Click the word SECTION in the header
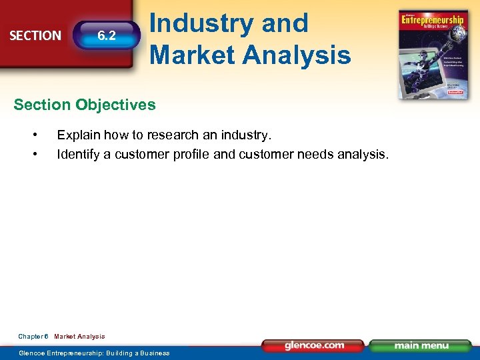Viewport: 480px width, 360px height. click(35, 35)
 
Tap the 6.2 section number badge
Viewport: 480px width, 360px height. click(107, 36)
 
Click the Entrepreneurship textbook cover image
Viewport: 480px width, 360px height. click(431, 55)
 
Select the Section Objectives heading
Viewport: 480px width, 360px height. click(85, 105)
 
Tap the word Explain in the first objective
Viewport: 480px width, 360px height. click(77, 135)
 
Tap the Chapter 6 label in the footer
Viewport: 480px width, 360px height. click(33, 337)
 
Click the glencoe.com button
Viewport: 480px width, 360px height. click(314, 345)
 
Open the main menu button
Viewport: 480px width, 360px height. click(421, 345)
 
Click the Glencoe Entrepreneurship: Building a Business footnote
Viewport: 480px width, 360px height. click(94, 353)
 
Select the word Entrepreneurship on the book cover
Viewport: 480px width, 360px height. click(431, 21)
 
